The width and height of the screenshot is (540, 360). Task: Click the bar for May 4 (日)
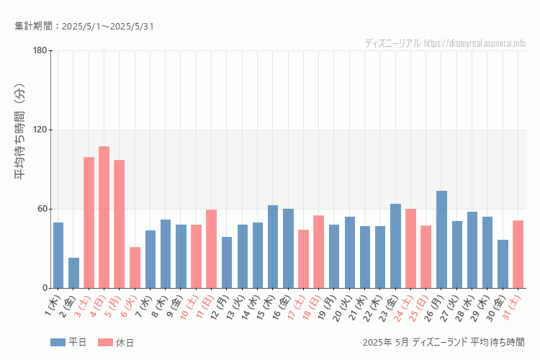[104, 217]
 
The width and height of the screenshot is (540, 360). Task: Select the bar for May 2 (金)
[73, 273]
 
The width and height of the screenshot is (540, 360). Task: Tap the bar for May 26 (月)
[441, 239]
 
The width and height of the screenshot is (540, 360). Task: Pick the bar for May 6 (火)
[135, 267]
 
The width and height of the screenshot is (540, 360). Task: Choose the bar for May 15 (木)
[273, 246]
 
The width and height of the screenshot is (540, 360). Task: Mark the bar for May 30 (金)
[503, 264]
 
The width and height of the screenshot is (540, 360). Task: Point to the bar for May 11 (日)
[211, 248]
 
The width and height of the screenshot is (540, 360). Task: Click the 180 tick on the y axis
[40, 50]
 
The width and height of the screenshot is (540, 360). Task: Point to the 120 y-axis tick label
[40, 130]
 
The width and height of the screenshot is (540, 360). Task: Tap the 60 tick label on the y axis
[42, 209]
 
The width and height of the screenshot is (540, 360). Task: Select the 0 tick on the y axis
[44, 288]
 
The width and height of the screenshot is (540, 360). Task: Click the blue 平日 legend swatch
[58, 342]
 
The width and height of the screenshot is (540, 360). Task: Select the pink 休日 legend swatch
[105, 342]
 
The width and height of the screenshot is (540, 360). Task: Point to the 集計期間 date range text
[84, 27]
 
